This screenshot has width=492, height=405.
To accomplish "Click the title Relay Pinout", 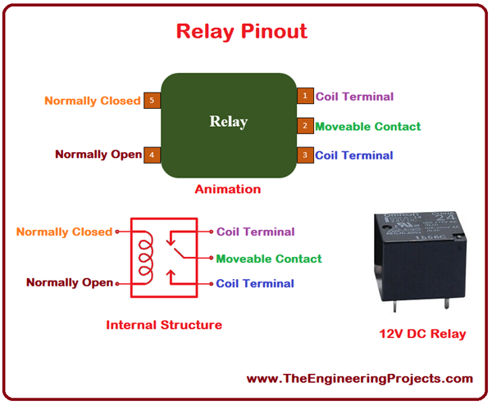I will coord(242,31).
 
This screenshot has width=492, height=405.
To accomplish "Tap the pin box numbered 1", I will coord(304,97).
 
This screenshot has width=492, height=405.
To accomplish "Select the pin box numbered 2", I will coord(304,126).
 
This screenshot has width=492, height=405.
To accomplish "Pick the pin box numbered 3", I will coord(304,155).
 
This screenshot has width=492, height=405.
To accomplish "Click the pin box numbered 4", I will coord(152,154).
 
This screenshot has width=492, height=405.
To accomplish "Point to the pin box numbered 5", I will coord(152,101).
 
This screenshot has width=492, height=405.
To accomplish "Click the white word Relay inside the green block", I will coord(228,122).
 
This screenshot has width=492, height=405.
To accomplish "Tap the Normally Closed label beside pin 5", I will coord(92,101).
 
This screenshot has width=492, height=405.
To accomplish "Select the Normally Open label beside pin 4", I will coord(98,154).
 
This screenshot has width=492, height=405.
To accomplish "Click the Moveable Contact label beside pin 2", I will coord(367,126).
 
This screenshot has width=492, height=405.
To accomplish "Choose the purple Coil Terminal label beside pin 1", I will coord(354,97).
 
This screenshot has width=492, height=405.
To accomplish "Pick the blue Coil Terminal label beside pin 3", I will coord(354,155).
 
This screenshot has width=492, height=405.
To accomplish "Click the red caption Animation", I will coord(227,189).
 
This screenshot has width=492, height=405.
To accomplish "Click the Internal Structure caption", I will coord(164,325).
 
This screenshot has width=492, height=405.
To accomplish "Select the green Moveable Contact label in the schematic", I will coord(268,259).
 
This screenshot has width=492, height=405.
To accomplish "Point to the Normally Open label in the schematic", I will coord(69,282).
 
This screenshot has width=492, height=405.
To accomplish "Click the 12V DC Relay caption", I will coord(422,333).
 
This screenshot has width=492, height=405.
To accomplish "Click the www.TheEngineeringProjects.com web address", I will coord(359,378).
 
